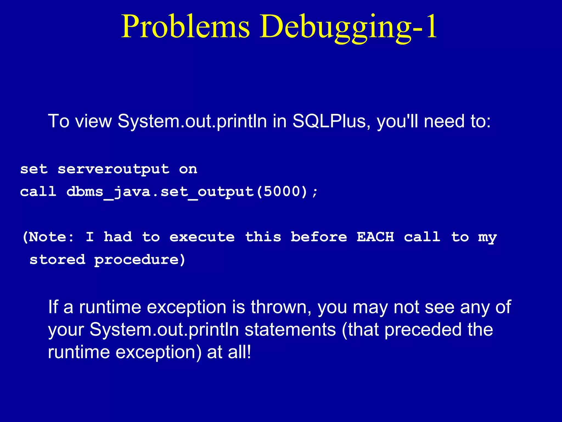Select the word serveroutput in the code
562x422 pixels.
coord(114,169)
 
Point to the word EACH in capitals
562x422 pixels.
coord(375,237)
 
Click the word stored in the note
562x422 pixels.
coord(57,260)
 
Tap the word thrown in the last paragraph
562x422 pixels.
coord(281,307)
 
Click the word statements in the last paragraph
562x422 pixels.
coord(290,330)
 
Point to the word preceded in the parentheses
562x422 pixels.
coord(423,330)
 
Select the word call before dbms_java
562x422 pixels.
coord(38,191)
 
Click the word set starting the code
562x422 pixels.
coord(34,169)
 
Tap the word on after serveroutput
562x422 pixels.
coord(188,169)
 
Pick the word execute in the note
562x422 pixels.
coord(202,237)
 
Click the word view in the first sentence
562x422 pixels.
coord(94,121)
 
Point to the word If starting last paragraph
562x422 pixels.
coord(53,307)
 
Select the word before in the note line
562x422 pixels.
coord(319,237)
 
